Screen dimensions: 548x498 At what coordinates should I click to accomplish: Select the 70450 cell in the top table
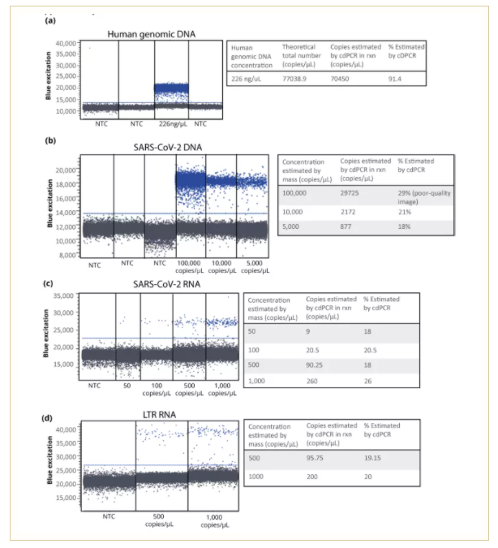[345, 80]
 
